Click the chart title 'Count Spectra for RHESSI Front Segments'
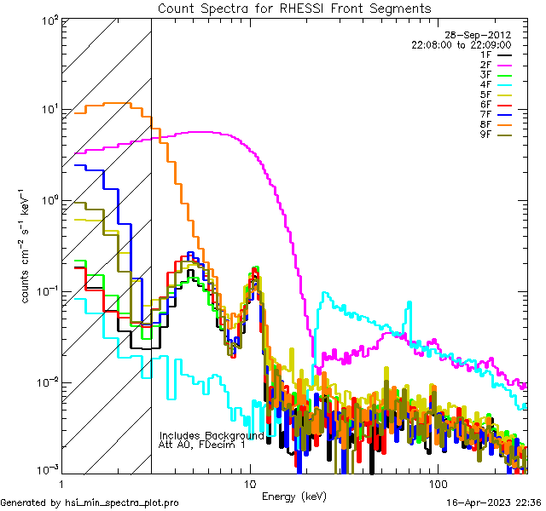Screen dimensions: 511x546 point(294,9)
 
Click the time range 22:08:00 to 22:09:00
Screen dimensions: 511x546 point(461,44)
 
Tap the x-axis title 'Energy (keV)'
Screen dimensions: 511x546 point(294,496)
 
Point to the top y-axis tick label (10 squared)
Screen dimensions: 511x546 point(46,19)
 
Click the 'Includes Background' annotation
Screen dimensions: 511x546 point(212,435)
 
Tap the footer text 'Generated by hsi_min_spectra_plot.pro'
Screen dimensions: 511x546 point(90,503)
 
